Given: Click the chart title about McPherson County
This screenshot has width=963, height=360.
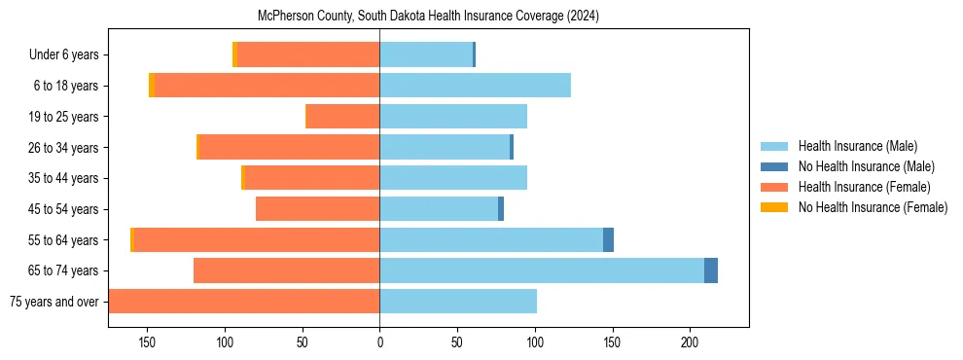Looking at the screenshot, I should tap(428, 17).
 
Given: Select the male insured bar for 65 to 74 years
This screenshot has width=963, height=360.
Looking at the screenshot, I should tap(542, 270).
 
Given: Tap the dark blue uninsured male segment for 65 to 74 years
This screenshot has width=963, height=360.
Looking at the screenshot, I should tap(711, 270).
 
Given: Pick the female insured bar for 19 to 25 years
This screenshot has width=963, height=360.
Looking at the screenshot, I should tap(342, 117).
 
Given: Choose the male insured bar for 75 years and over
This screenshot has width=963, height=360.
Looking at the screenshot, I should tap(458, 302).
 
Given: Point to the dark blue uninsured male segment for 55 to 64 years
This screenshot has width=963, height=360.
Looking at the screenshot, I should tap(608, 240).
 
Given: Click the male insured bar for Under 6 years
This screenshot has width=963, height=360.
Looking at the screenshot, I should tap(426, 54).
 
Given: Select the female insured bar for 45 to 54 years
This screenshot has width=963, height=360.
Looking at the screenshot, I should tap(317, 209).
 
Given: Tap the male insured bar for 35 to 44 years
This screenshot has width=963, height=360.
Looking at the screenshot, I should tap(453, 178).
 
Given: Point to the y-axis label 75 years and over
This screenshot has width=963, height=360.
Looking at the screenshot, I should tap(53, 302).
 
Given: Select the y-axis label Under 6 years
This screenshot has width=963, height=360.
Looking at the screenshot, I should tap(63, 55).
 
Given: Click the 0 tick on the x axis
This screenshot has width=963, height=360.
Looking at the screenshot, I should tap(379, 342).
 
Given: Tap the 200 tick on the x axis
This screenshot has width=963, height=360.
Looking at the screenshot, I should tap(690, 342).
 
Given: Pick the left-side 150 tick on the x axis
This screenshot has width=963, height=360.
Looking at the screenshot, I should tap(148, 342).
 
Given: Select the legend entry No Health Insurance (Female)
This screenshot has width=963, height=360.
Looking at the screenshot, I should tap(873, 207).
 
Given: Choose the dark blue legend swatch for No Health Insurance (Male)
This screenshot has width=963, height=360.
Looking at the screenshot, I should tap(775, 166).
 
